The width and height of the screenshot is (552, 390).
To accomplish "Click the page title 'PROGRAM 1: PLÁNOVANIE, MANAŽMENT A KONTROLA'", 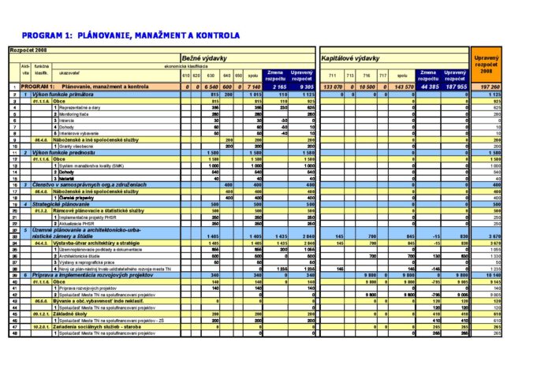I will [130, 35].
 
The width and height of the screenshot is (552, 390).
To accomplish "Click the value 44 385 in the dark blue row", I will [429, 87].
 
